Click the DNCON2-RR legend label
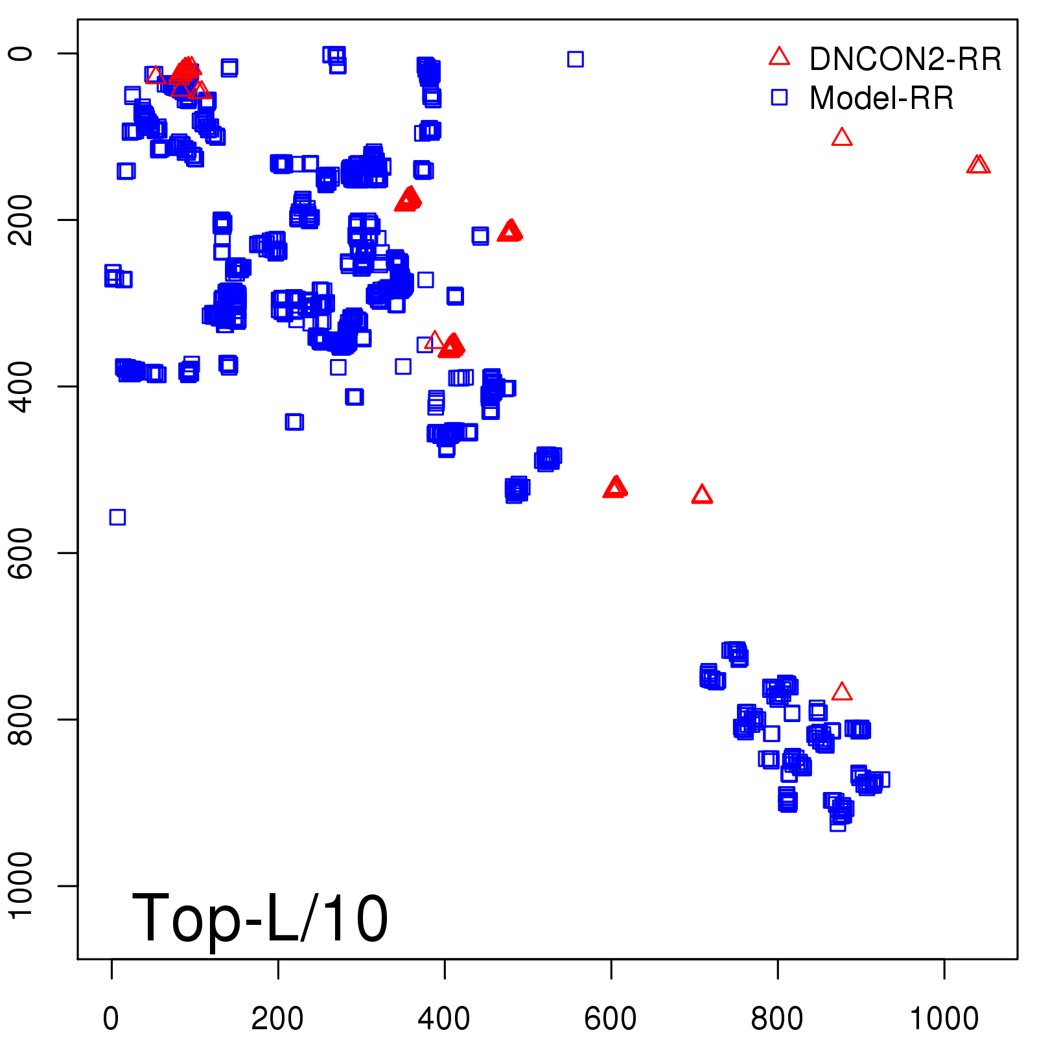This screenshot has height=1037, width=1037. [x=905, y=59]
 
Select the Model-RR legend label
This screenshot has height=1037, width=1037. [x=881, y=98]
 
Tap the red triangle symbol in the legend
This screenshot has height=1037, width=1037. [x=779, y=57]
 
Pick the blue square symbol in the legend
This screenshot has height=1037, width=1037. [x=779, y=97]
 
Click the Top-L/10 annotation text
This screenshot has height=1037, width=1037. [x=260, y=918]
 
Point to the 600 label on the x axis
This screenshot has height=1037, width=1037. [x=611, y=1018]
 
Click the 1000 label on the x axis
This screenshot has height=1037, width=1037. [x=944, y=1018]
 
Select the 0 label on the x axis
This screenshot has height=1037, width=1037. [x=111, y=1018]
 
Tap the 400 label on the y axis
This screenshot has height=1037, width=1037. [x=21, y=387]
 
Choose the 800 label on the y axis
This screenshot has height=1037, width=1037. [x=21, y=719]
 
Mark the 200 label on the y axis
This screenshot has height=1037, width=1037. [x=21, y=220]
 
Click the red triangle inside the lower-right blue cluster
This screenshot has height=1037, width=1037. [x=841, y=692]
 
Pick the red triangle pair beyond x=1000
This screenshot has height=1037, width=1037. [x=978, y=165]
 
